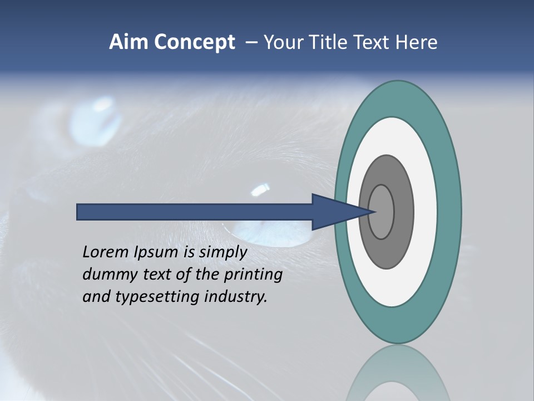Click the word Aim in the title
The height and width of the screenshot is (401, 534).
tap(128, 42)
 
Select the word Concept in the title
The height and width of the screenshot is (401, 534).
tap(194, 42)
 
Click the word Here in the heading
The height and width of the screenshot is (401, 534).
tap(416, 42)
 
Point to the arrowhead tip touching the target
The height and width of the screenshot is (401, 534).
tap(376, 212)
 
